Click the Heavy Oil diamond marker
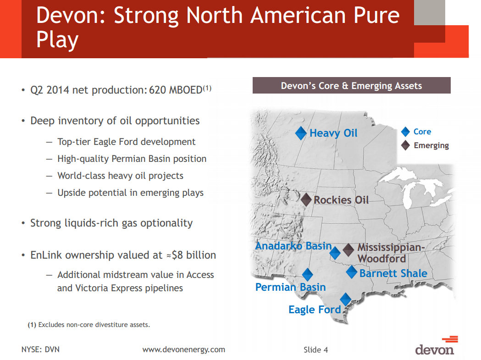[301, 133]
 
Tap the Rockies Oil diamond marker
[306, 199]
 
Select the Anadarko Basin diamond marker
[335, 253]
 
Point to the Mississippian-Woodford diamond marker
[349, 250]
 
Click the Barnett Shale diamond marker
[351, 272]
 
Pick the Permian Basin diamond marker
[307, 275]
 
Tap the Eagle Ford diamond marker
[345, 299]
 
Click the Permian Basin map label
[290, 288]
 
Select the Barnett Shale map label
[393, 274]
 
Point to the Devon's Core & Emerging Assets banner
[351, 86]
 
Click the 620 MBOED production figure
[176, 90]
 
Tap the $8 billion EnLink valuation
[194, 255]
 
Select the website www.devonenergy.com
[184, 349]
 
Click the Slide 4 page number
[315, 350]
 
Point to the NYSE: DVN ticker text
[40, 349]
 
